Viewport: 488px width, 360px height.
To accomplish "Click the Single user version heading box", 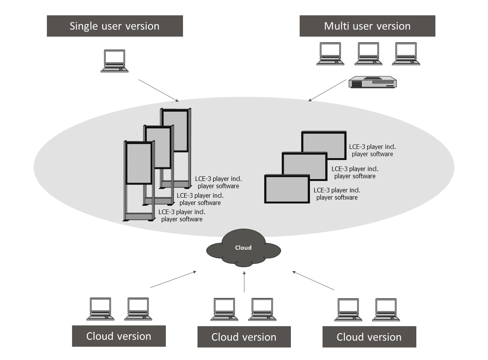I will [115, 26].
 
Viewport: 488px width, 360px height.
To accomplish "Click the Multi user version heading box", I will [367, 26].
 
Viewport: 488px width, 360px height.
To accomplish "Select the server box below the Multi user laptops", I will [372, 82].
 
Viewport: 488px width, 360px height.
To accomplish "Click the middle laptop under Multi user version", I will [368, 54].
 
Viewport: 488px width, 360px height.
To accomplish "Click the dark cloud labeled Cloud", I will [243, 249].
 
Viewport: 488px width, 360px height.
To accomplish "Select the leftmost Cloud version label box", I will [119, 336].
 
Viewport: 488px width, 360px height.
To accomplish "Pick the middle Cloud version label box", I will [244, 337].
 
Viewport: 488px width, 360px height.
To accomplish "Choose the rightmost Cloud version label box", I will [369, 337].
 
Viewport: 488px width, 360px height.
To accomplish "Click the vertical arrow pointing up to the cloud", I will [244, 282].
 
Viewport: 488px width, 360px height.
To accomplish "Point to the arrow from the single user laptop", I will [158, 91].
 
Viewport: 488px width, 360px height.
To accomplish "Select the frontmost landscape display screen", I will [287, 189].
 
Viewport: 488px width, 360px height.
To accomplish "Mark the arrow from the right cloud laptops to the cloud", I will [313, 280].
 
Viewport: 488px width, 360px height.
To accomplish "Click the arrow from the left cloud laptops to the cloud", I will [173, 279].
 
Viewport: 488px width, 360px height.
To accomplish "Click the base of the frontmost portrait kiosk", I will [138, 217].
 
